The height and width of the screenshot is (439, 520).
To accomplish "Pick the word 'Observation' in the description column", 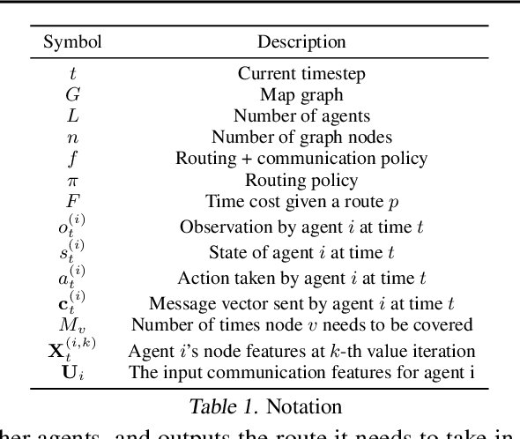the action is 219,226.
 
